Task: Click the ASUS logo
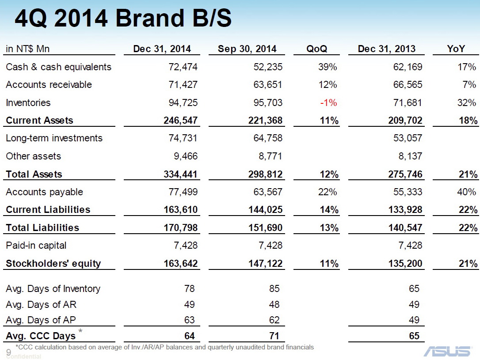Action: point(447,351)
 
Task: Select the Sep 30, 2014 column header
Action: point(247,49)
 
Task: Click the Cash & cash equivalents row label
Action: point(58,67)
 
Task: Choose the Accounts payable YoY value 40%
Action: point(467,192)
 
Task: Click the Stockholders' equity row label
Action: point(53,264)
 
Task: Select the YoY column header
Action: point(456,49)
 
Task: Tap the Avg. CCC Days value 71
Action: point(274,336)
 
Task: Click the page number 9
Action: point(8,352)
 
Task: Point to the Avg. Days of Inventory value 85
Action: point(274,289)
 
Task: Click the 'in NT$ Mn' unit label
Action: point(27,49)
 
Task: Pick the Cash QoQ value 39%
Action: point(328,67)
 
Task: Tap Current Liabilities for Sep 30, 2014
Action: point(266,210)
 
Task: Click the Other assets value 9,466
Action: point(185,156)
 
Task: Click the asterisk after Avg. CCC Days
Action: point(80,331)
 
